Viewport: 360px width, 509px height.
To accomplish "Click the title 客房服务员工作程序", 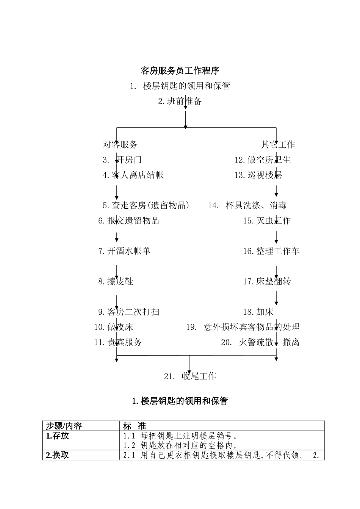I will (180, 71).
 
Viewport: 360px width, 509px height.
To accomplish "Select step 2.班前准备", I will (180, 101).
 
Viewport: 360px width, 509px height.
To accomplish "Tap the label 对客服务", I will (120, 144).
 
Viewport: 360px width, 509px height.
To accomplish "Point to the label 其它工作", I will (277, 144).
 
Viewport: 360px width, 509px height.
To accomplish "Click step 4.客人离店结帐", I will (133, 175).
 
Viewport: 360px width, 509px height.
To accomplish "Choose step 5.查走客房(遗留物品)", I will (146, 205).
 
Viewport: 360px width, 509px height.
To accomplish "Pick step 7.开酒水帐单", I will (124, 251).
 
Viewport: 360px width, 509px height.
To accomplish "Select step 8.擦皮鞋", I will (116, 281).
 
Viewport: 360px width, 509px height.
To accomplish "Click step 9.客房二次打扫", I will (129, 312).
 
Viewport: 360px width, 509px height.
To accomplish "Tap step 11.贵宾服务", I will (118, 342).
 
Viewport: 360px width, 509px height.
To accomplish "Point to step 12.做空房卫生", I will (262, 160).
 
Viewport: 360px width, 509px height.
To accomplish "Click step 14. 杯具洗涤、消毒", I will (247, 205).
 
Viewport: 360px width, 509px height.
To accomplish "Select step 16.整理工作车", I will (271, 251).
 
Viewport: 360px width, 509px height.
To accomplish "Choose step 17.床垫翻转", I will (267, 281).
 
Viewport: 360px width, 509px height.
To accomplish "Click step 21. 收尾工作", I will (190, 376).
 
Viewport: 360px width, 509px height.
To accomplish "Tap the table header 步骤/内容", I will (64, 426).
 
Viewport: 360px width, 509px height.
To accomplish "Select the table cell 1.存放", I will (58, 436).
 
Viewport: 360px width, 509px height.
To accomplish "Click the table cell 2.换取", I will (58, 455).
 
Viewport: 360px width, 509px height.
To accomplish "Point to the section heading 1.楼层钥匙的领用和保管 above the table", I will (180, 401).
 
